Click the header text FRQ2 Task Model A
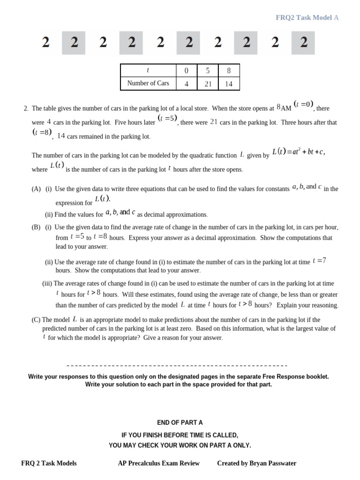(307, 18)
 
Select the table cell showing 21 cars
(208, 83)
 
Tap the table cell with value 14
(229, 83)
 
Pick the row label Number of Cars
(148, 83)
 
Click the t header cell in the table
(148, 70)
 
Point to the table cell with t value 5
(208, 70)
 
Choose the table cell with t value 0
(187, 70)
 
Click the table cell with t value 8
(229, 70)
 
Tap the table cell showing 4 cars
(187, 83)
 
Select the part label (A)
(36, 189)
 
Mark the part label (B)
(36, 227)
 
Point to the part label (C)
(36, 320)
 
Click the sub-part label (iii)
(47, 284)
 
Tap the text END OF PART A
(180, 422)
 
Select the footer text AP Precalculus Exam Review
(158, 463)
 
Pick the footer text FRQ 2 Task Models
(49, 463)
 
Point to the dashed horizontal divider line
(177, 366)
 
